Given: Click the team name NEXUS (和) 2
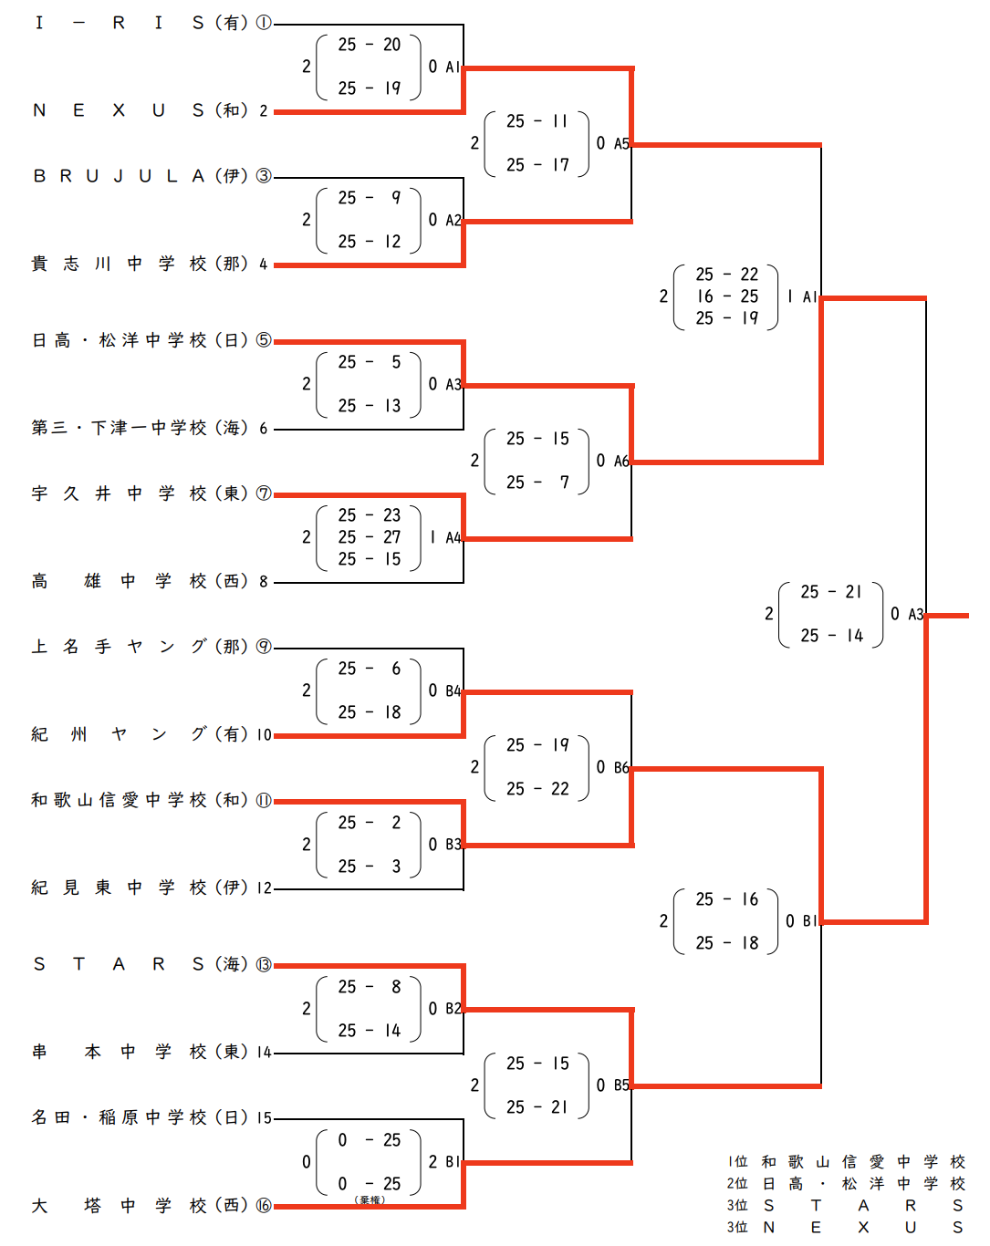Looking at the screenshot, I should click(x=151, y=110).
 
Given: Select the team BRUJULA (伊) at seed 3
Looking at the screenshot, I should click(x=151, y=176).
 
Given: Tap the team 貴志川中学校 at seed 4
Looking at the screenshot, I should click(x=151, y=264).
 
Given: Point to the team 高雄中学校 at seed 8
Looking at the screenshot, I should click(x=151, y=581).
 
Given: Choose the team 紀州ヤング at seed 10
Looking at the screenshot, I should click(x=151, y=734).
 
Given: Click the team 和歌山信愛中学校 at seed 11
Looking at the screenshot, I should click(x=151, y=800).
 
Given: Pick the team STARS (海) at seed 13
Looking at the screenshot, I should click(x=151, y=964).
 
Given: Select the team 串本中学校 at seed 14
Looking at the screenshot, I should click(x=151, y=1052).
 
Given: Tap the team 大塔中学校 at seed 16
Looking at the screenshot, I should click(x=151, y=1205).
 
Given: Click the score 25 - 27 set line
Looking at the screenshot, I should click(x=370, y=537).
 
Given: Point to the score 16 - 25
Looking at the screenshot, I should click(x=727, y=296).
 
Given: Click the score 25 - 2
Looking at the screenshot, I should click(x=370, y=823).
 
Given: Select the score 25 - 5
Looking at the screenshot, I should click(x=370, y=362).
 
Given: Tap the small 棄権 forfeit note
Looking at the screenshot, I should click(x=370, y=1200).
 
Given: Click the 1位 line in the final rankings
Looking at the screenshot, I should click(x=846, y=1161).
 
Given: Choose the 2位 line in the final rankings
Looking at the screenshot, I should click(x=846, y=1183).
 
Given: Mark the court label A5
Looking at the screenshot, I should click(x=620, y=143).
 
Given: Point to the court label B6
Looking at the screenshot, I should click(x=620, y=767).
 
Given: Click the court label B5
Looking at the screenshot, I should click(x=620, y=1085).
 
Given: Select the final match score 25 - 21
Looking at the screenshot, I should click(x=831, y=592).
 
